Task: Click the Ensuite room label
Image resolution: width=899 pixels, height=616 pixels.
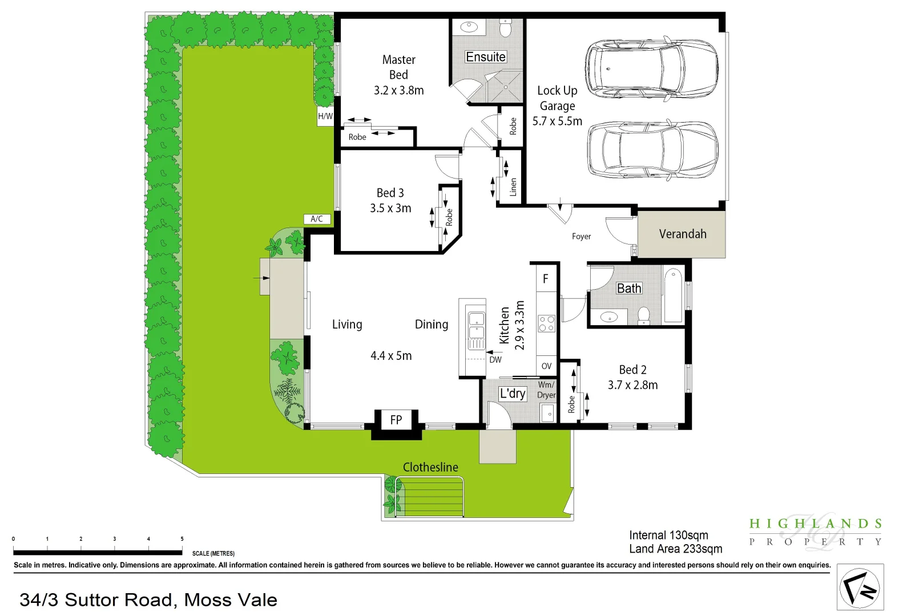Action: (x=486, y=57)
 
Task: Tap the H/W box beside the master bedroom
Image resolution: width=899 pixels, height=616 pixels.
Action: (x=325, y=116)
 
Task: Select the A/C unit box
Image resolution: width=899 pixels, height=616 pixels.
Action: (x=317, y=219)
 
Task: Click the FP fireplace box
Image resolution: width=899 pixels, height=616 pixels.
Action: (x=396, y=420)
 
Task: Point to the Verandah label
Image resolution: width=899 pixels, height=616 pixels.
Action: (x=682, y=234)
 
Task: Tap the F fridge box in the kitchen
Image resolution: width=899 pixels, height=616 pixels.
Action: (x=546, y=278)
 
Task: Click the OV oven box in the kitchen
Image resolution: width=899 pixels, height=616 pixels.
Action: (x=546, y=366)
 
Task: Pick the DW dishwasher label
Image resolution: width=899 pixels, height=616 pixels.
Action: (x=495, y=360)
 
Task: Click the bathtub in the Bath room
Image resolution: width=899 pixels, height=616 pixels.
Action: (x=674, y=295)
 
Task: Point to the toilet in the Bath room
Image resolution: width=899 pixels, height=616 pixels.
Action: (x=644, y=315)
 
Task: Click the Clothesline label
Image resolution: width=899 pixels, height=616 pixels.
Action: (x=430, y=467)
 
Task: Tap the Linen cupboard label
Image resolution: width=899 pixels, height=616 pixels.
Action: (x=513, y=187)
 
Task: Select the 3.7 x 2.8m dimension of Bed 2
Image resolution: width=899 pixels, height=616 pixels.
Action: (x=632, y=385)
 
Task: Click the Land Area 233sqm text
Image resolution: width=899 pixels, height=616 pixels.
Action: (x=675, y=549)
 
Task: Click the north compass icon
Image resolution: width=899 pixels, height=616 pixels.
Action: (x=860, y=588)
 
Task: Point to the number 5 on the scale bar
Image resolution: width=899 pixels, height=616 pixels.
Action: (x=182, y=538)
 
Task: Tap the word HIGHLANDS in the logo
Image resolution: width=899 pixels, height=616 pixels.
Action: (x=816, y=524)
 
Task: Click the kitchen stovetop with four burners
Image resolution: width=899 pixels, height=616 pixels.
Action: (x=546, y=323)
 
